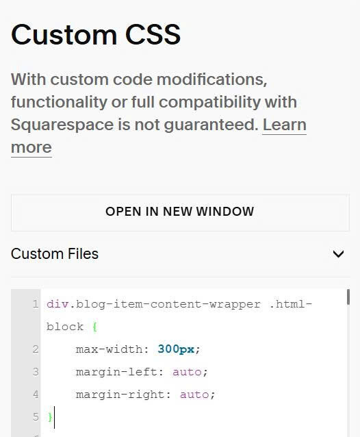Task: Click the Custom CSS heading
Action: (96, 34)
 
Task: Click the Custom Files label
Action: (55, 254)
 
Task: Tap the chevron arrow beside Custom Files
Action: (338, 254)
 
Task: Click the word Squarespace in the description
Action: (62, 125)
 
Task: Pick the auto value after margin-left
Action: (187, 372)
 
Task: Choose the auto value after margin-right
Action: (194, 395)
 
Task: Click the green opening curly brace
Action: (94, 327)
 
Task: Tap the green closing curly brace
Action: (50, 417)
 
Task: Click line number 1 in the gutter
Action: (36, 304)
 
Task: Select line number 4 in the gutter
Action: (36, 395)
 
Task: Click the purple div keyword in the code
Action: (57, 304)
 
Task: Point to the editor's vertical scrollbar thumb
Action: (348, 297)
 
